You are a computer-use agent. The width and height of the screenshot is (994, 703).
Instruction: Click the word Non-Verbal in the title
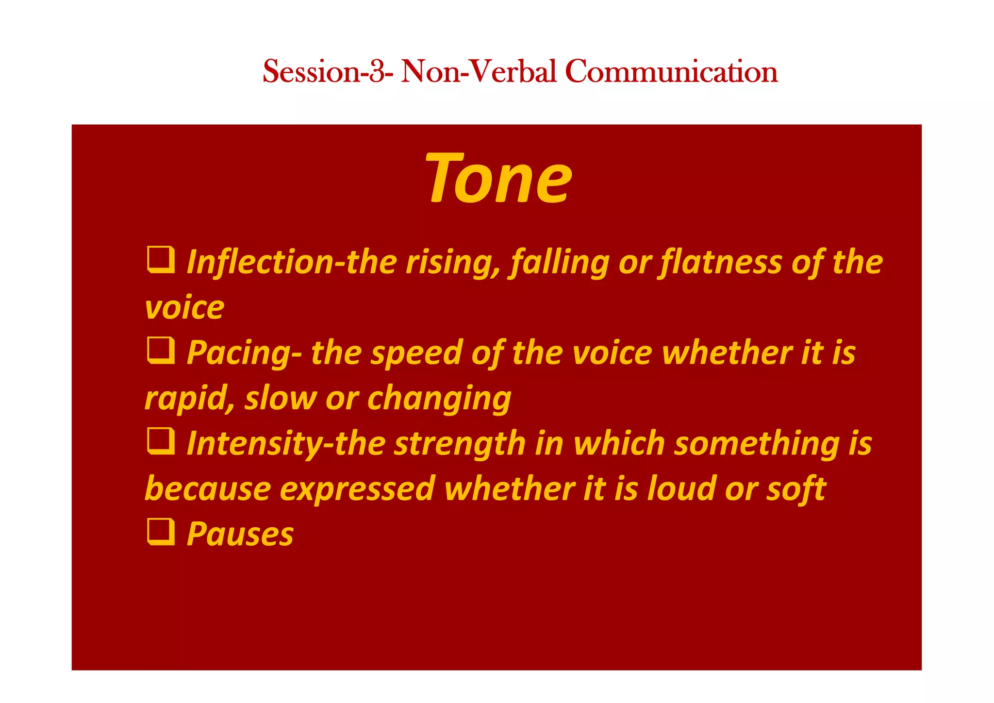pyautogui.click(x=479, y=71)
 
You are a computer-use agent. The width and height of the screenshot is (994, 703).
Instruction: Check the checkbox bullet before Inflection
pyautogui.click(x=161, y=260)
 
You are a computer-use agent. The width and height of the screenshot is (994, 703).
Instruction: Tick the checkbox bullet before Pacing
pyautogui.click(x=161, y=351)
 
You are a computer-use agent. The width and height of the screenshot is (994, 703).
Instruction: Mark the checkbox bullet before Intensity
pyautogui.click(x=161, y=441)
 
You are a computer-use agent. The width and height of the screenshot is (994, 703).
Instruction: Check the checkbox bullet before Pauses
pyautogui.click(x=161, y=532)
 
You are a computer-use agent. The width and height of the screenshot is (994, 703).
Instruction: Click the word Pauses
pyautogui.click(x=240, y=534)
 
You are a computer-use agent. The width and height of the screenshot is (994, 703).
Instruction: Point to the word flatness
pyautogui.click(x=720, y=263)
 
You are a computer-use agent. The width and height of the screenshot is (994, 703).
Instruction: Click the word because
pyautogui.click(x=208, y=489)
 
